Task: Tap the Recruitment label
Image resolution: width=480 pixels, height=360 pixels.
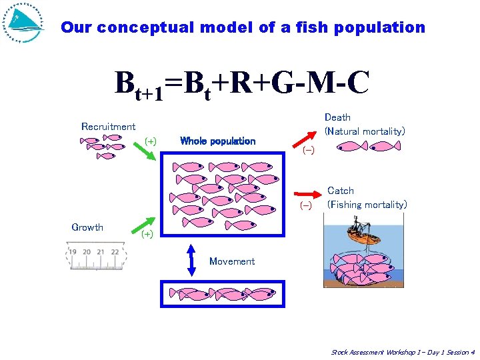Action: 108,127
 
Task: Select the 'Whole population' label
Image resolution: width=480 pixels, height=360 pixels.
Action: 217,141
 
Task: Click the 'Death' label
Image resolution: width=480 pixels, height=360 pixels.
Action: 337,117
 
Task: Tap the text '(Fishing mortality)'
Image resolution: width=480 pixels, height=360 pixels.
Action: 367,205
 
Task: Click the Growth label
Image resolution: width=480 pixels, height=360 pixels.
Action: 87,227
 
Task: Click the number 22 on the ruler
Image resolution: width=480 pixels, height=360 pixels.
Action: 115,252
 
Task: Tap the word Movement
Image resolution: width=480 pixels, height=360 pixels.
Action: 232,261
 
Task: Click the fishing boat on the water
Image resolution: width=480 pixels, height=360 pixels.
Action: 359,236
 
